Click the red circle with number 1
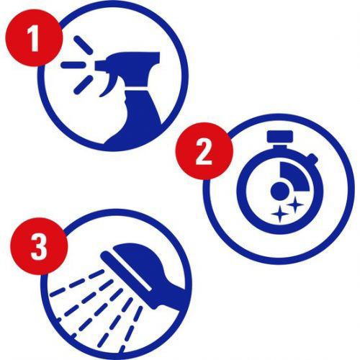tap(34, 37)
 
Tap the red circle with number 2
tap(204, 151)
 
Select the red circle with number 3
tap(39, 246)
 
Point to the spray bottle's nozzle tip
tap(98, 66)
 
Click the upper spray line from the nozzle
tap(83, 45)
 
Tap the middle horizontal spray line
tap(73, 65)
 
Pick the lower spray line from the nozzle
tap(83, 84)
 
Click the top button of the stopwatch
tap(280, 136)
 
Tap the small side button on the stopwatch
tap(312, 158)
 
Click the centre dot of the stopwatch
tap(280, 191)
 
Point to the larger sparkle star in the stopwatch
tap(279, 214)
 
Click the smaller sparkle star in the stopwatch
tap(295, 204)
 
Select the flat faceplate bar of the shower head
tap(126, 271)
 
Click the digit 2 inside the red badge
tap(204, 152)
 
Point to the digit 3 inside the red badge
tap(39, 247)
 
